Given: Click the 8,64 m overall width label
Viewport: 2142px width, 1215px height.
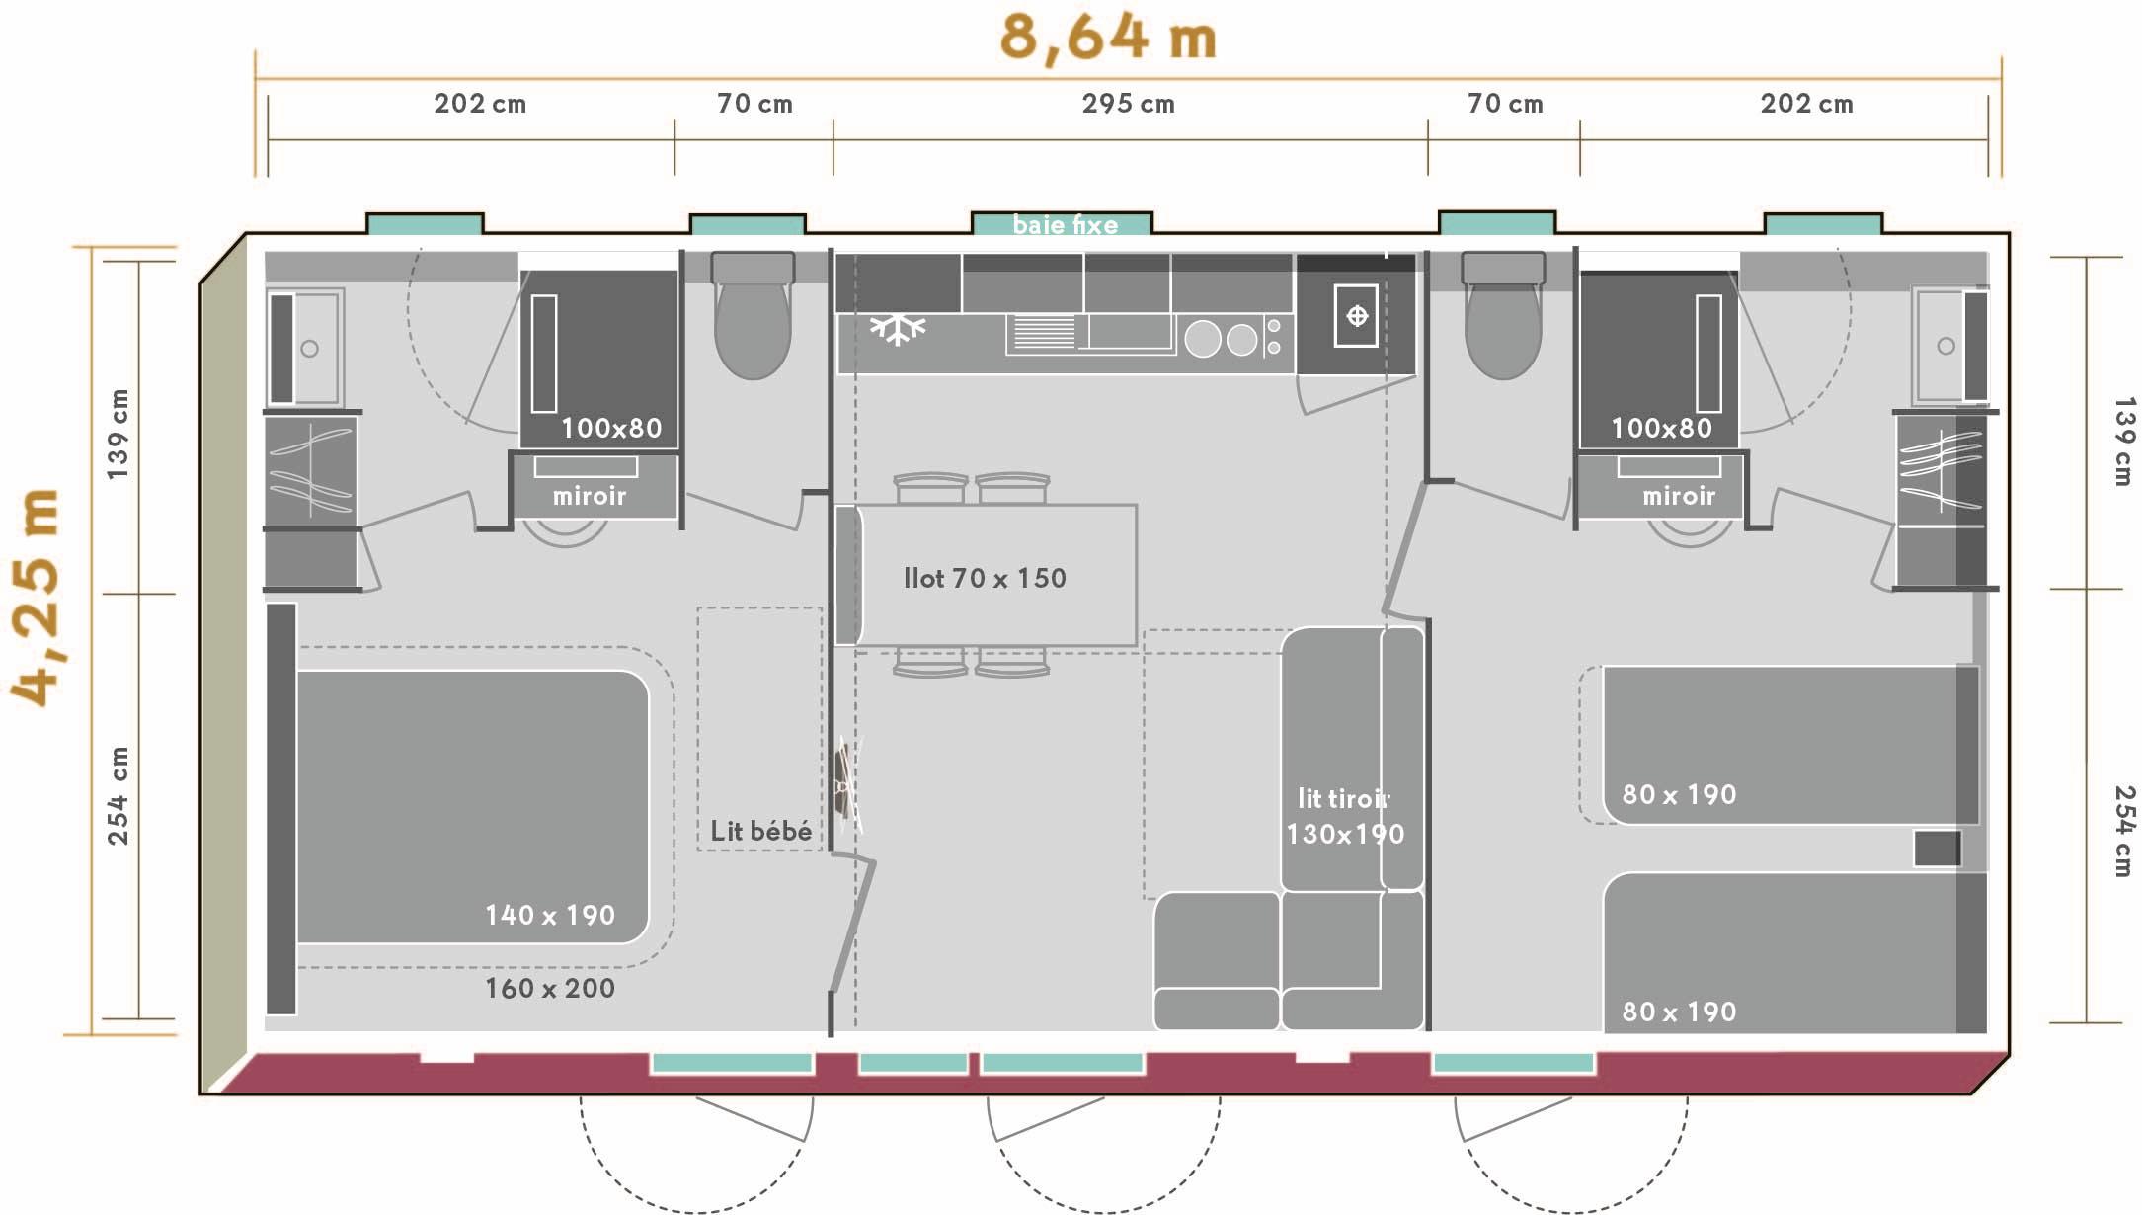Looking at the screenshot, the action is [x=1107, y=38].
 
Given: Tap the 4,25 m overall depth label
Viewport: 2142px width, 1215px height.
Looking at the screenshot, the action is [x=37, y=598].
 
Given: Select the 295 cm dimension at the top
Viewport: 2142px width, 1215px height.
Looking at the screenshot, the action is [x=1128, y=104].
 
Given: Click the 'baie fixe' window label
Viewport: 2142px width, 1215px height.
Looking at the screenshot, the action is [x=1065, y=225].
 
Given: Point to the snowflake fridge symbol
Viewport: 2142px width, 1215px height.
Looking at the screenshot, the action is [x=897, y=329].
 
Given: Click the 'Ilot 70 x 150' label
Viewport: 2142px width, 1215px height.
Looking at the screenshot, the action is [x=985, y=578].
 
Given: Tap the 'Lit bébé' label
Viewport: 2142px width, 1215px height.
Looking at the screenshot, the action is [x=760, y=831].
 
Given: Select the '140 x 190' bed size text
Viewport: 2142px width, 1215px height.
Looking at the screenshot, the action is [x=550, y=915].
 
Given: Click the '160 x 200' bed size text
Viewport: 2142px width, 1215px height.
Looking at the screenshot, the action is [x=550, y=988].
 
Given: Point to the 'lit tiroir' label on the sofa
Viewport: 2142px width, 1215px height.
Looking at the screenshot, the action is [x=1343, y=798].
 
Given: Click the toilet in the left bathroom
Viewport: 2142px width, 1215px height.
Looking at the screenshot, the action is [x=753, y=315].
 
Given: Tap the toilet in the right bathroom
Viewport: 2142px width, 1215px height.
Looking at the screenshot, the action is [x=1503, y=315].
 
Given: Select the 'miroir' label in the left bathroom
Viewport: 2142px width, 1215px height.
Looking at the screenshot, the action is [x=590, y=496].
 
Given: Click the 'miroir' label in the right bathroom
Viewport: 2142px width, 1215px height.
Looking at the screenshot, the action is [x=1679, y=496].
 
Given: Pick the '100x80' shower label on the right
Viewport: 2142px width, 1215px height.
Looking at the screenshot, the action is [x=1661, y=428].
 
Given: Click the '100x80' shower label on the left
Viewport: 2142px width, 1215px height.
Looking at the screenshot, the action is [x=611, y=428].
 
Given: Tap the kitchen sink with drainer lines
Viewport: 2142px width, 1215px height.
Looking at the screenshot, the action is [x=1090, y=333].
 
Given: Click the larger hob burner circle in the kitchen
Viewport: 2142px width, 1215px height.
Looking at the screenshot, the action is [x=1203, y=339].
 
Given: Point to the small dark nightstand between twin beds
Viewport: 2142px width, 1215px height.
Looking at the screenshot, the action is [x=1937, y=849].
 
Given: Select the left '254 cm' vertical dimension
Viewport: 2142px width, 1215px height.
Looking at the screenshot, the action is [x=119, y=795].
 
